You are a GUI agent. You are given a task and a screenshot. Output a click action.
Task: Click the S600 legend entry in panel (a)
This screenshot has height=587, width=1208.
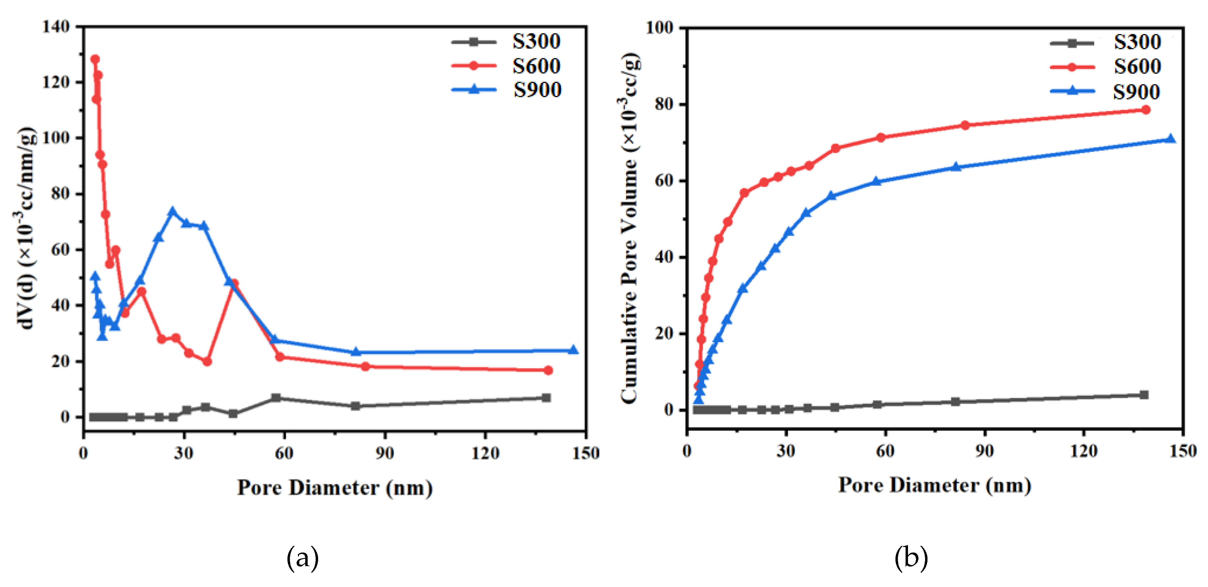pyautogui.click(x=536, y=66)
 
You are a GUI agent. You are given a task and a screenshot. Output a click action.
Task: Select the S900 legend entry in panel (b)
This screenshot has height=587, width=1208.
pyautogui.click(x=1136, y=92)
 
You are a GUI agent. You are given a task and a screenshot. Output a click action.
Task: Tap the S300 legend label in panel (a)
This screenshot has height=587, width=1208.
pyautogui.click(x=536, y=41)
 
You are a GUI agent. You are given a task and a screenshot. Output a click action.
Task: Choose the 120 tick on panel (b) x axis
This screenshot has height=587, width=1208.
pyautogui.click(x=1084, y=451)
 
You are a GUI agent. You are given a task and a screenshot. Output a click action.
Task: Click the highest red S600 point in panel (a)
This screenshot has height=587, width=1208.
pyautogui.click(x=95, y=59)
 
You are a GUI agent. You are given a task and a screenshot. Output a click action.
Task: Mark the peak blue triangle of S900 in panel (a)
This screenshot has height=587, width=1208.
pyautogui.click(x=172, y=212)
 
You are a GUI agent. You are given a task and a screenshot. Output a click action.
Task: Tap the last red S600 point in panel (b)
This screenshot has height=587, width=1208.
pyautogui.click(x=1146, y=110)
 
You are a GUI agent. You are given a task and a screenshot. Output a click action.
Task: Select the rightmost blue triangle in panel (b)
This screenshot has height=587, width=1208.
pyautogui.click(x=1170, y=139)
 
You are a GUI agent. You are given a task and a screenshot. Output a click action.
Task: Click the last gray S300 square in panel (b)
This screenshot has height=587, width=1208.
pyautogui.click(x=1144, y=395)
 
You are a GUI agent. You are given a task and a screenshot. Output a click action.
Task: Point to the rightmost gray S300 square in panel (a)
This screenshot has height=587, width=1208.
pyautogui.click(x=546, y=398)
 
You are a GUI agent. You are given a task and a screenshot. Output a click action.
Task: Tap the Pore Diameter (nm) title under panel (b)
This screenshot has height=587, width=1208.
pyautogui.click(x=934, y=484)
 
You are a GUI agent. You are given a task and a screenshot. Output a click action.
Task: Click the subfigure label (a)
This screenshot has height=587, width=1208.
pyautogui.click(x=302, y=557)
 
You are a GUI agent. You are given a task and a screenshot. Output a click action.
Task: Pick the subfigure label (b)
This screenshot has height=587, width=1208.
pyautogui.click(x=911, y=557)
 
